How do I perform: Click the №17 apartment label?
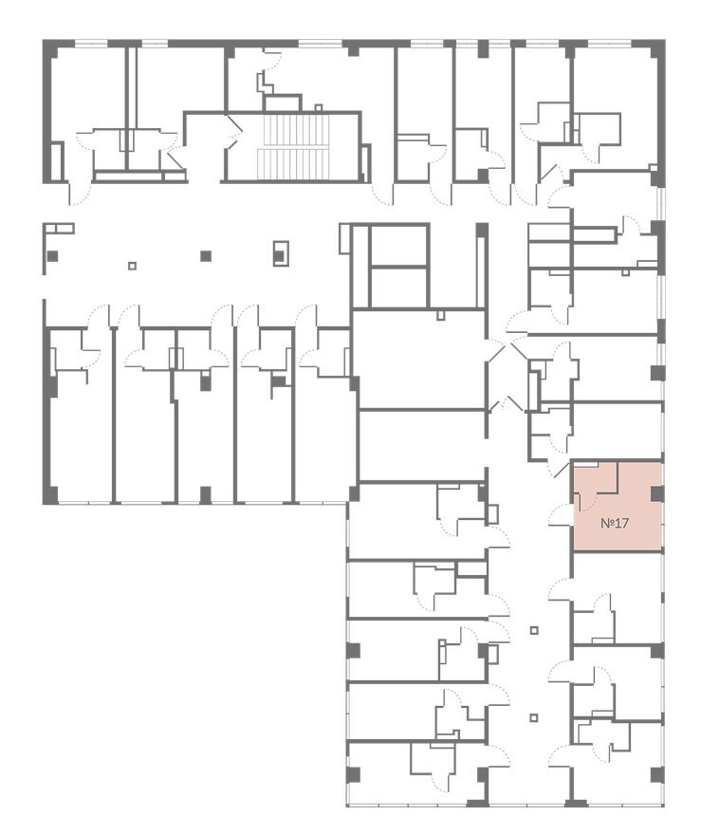tap(615, 523)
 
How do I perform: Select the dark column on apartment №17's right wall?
tap(656, 494)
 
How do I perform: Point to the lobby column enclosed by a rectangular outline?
tap(280, 253)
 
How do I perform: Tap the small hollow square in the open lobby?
tap(133, 266)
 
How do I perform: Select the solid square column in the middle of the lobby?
tap(206, 256)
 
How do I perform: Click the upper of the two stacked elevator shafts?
tap(398, 245)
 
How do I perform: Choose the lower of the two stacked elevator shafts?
tap(398, 287)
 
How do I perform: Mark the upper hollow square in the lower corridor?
tap(534, 630)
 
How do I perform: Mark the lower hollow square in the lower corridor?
tap(534, 717)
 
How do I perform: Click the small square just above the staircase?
tap(319, 107)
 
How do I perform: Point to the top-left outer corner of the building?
tap(43, 40)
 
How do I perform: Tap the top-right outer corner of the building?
tap(665, 40)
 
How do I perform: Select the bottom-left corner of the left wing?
tap(43, 504)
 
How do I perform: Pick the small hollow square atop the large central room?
tap(440, 315)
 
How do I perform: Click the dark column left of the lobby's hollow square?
tap(52, 256)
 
